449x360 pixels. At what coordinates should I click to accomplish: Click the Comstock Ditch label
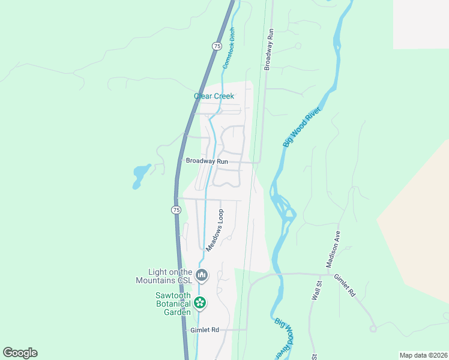pos(229,49)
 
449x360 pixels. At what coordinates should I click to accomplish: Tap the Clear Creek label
pos(214,96)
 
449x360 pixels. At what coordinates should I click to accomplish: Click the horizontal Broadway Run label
pos(206,161)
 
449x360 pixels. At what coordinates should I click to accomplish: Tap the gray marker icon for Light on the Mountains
pos(202,276)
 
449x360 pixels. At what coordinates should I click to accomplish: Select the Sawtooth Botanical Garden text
pos(172,304)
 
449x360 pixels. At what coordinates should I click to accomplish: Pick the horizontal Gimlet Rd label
pos(205,330)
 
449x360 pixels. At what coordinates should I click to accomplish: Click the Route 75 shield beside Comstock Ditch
pos(217,46)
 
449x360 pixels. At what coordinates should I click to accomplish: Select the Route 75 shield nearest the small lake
pos(175,209)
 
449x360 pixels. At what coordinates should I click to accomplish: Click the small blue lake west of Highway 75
pos(140,175)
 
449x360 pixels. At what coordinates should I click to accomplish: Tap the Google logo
pos(20,353)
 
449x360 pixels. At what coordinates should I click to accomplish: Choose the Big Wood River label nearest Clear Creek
pos(302,127)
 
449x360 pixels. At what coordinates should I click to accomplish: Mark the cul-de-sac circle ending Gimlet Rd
pos(373,329)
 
